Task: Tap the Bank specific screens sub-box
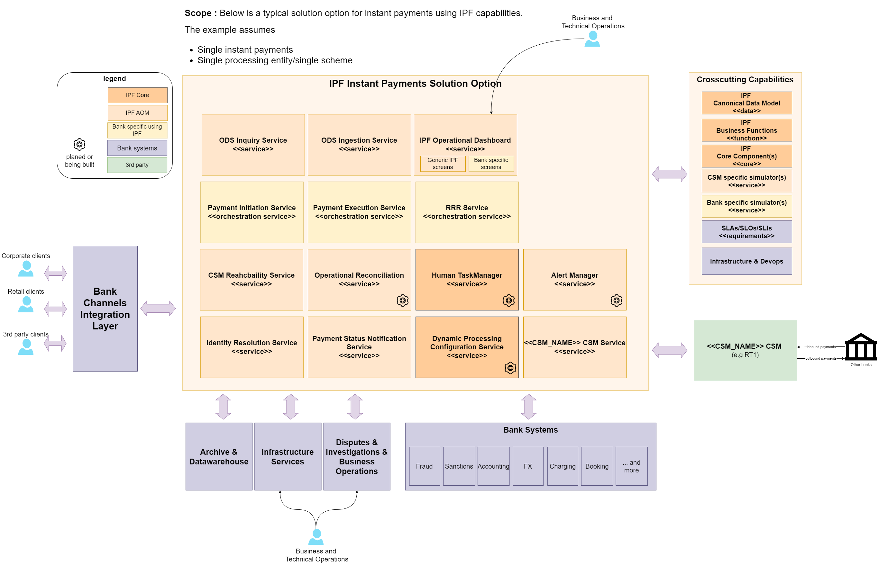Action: point(490,163)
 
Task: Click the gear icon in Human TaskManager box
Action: point(508,300)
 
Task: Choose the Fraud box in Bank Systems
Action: point(424,466)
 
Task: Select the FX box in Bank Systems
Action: point(527,466)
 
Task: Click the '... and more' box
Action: point(631,466)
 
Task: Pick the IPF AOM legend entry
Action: point(137,112)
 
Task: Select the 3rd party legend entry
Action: point(137,165)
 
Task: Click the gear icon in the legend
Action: point(79,144)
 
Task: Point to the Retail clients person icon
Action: point(26,304)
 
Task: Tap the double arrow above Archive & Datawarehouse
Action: point(223,406)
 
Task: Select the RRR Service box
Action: point(466,212)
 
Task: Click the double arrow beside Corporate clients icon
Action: point(55,273)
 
